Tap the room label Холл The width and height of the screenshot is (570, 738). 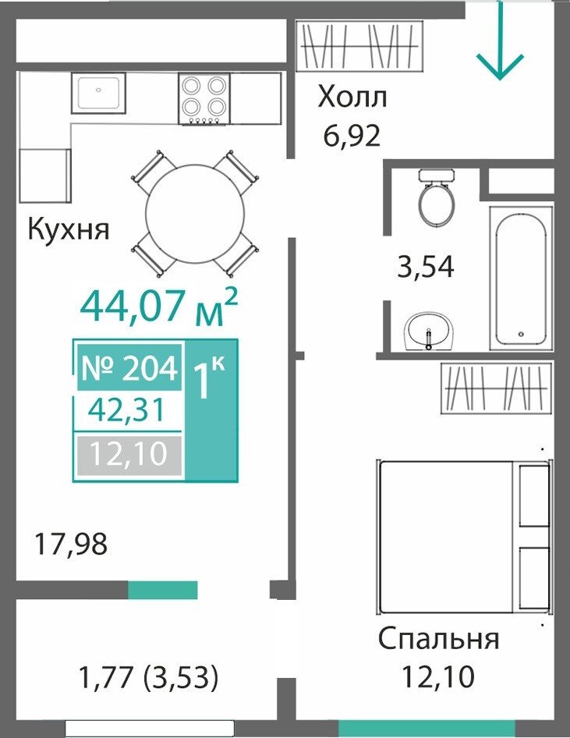tap(352, 98)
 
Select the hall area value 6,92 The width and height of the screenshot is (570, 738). tap(352, 136)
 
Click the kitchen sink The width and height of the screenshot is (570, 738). tap(99, 93)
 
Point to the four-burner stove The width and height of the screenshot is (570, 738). tap(204, 99)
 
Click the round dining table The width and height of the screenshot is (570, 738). tap(195, 213)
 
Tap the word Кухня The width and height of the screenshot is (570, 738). tap(69, 229)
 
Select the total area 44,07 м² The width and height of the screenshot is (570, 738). tap(159, 307)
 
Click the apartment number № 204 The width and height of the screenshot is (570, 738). tap(129, 368)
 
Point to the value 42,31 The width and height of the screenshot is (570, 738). tap(127, 410)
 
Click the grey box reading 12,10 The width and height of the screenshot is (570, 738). tap(129, 455)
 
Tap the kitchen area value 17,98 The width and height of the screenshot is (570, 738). tap(71, 543)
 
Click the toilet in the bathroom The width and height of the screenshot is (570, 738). tap(437, 197)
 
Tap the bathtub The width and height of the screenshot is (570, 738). tap(521, 278)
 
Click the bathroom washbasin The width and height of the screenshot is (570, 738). tap(428, 331)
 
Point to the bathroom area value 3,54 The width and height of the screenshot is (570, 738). tap(426, 267)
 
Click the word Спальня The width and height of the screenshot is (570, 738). tap(439, 640)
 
